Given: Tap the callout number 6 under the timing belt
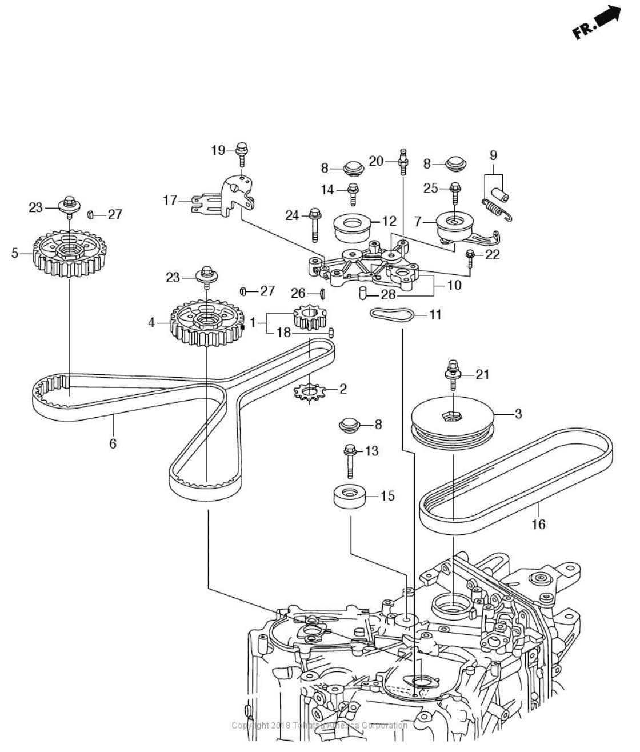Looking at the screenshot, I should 113,443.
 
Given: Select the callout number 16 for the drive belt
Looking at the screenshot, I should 538,524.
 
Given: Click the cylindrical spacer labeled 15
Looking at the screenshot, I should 349,496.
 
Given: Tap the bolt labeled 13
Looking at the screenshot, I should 349,460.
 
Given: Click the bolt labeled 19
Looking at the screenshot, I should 242,152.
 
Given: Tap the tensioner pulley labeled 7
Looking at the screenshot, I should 457,227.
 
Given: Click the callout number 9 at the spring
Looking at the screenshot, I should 494,155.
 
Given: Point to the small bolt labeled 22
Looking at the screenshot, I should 470,258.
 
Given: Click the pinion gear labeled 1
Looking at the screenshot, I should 309,319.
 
